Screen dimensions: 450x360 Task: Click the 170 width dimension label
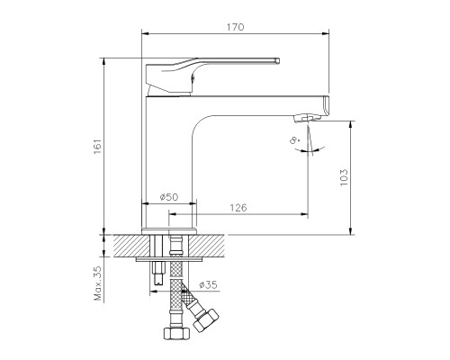tap(235, 27)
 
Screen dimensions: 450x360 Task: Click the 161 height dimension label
tap(98, 147)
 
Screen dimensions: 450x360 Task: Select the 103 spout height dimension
tap(344, 177)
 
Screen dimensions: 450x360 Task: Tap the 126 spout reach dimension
tap(238, 208)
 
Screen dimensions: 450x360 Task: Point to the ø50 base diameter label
tap(169, 197)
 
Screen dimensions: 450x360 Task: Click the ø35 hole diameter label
tap(208, 284)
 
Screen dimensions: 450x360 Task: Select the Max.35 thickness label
tap(98, 283)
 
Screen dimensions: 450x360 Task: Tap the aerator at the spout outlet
tap(306, 118)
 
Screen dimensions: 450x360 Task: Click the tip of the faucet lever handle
tap(278, 60)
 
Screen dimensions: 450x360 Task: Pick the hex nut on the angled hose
tap(206, 319)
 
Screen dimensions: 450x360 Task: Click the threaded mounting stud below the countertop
tap(158, 274)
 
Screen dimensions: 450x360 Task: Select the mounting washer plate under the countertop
tap(169, 259)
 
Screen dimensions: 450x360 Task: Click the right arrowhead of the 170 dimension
tap(326, 33)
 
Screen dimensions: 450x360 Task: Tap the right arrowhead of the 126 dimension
tap(304, 214)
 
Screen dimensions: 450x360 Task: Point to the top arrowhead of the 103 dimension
tap(350, 124)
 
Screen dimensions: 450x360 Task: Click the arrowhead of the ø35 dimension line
tap(154, 291)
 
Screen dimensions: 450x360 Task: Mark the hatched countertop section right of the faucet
tap(206, 246)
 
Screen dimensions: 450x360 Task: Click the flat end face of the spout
tap(327, 106)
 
